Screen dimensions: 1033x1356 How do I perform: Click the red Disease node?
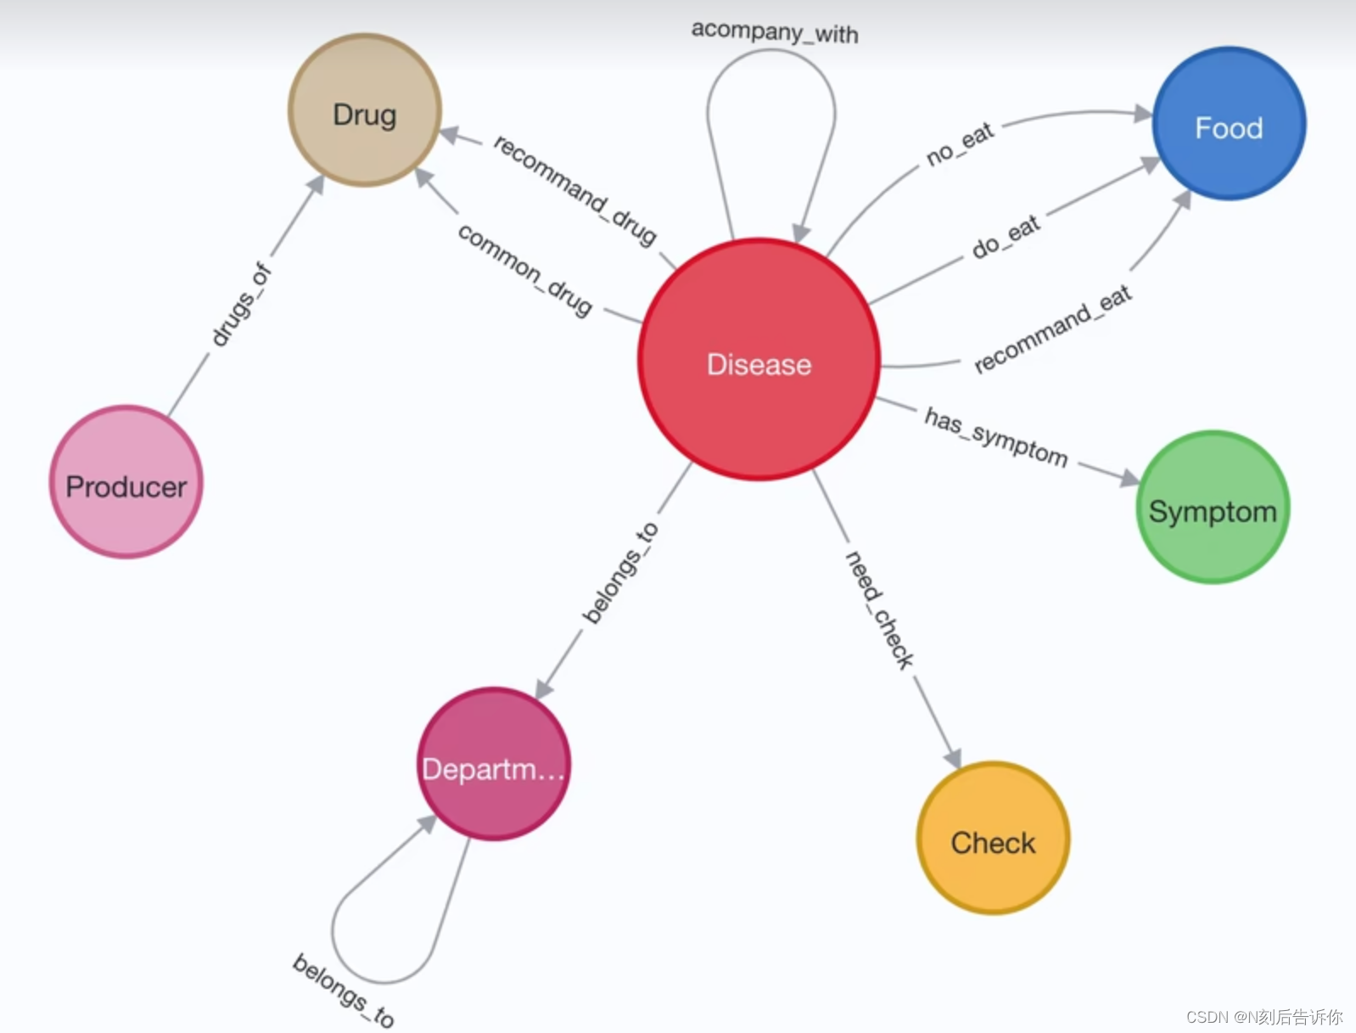pos(759,360)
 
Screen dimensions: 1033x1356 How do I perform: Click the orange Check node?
pos(993,839)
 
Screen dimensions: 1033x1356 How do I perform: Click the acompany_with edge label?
pos(774,32)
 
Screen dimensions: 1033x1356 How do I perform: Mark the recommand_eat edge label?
pos(1052,328)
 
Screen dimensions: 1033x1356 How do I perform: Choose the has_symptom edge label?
pos(996,436)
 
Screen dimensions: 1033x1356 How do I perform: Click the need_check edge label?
pos(879,609)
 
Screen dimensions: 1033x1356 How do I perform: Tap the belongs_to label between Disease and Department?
pos(620,573)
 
